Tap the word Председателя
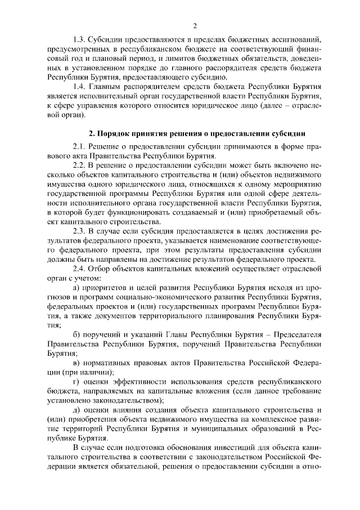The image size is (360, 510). (x=292, y=335)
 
